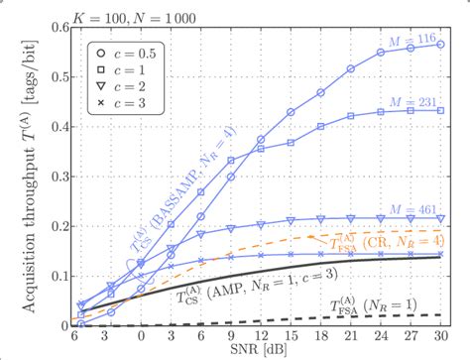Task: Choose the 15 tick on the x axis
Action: point(291,337)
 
